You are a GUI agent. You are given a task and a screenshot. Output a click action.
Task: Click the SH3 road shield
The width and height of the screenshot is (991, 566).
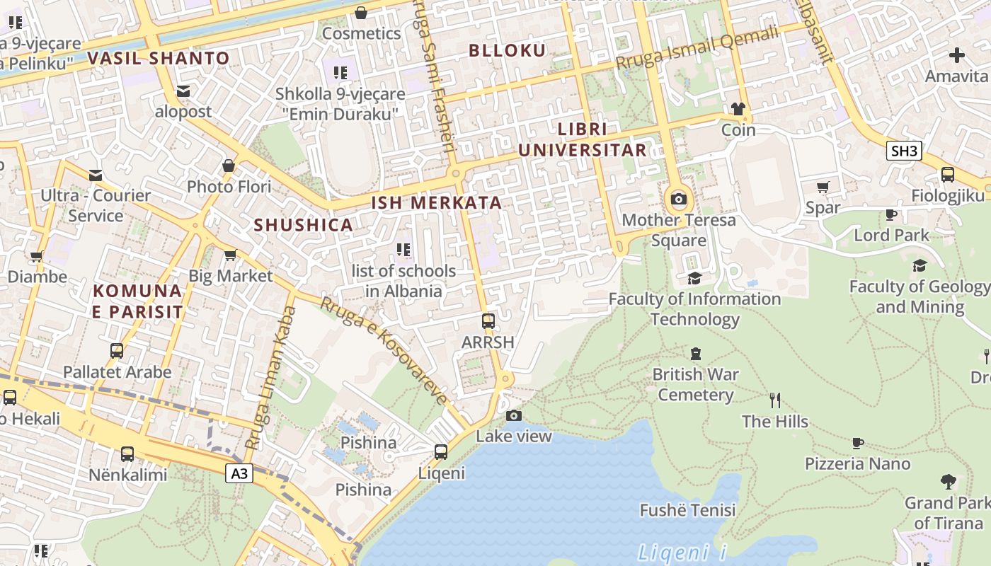pos(904,150)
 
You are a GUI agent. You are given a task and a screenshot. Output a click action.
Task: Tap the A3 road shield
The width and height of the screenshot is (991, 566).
pos(239,473)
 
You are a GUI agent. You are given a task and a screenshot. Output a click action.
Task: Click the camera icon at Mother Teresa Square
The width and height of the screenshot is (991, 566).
pos(678,199)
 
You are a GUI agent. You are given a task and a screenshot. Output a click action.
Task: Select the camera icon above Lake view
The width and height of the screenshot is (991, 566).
pos(514,415)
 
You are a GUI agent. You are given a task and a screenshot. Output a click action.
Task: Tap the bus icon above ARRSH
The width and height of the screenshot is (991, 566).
pos(488,320)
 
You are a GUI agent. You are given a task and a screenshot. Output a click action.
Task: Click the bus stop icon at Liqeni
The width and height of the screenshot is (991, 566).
pos(441,451)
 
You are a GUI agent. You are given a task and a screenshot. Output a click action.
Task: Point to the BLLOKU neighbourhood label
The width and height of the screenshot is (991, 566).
pos(508,50)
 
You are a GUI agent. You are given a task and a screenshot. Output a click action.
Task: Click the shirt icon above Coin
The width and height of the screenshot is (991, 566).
pos(738,109)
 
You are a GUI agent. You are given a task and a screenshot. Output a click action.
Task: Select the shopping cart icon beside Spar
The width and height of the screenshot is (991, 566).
pos(823,187)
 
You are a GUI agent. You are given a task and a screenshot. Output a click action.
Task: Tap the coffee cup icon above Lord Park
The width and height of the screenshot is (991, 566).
pos(890,214)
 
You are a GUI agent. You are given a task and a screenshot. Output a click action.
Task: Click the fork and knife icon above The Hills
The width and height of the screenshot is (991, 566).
pos(775,400)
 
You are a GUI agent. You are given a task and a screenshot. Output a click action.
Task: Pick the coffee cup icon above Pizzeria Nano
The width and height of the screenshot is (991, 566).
pos(857,443)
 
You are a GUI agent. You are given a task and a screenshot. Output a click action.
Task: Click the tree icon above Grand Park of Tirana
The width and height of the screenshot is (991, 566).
pos(948,482)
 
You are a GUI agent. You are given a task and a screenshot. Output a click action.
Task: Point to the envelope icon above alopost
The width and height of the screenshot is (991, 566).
pos(183,91)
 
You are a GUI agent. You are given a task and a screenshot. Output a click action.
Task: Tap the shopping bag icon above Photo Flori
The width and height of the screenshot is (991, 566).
pos(229,166)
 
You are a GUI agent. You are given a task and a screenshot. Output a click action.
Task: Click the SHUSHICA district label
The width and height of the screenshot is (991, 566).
pos(303,225)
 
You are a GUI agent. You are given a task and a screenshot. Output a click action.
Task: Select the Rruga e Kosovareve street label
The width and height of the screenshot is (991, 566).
pos(384,351)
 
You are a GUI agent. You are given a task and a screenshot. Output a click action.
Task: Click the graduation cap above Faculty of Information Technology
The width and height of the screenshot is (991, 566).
pos(694,278)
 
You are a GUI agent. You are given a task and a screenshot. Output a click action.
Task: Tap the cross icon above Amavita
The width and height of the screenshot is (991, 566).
pos(957,54)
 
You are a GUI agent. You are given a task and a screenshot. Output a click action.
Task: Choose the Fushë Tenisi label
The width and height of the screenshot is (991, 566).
pos(687,510)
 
